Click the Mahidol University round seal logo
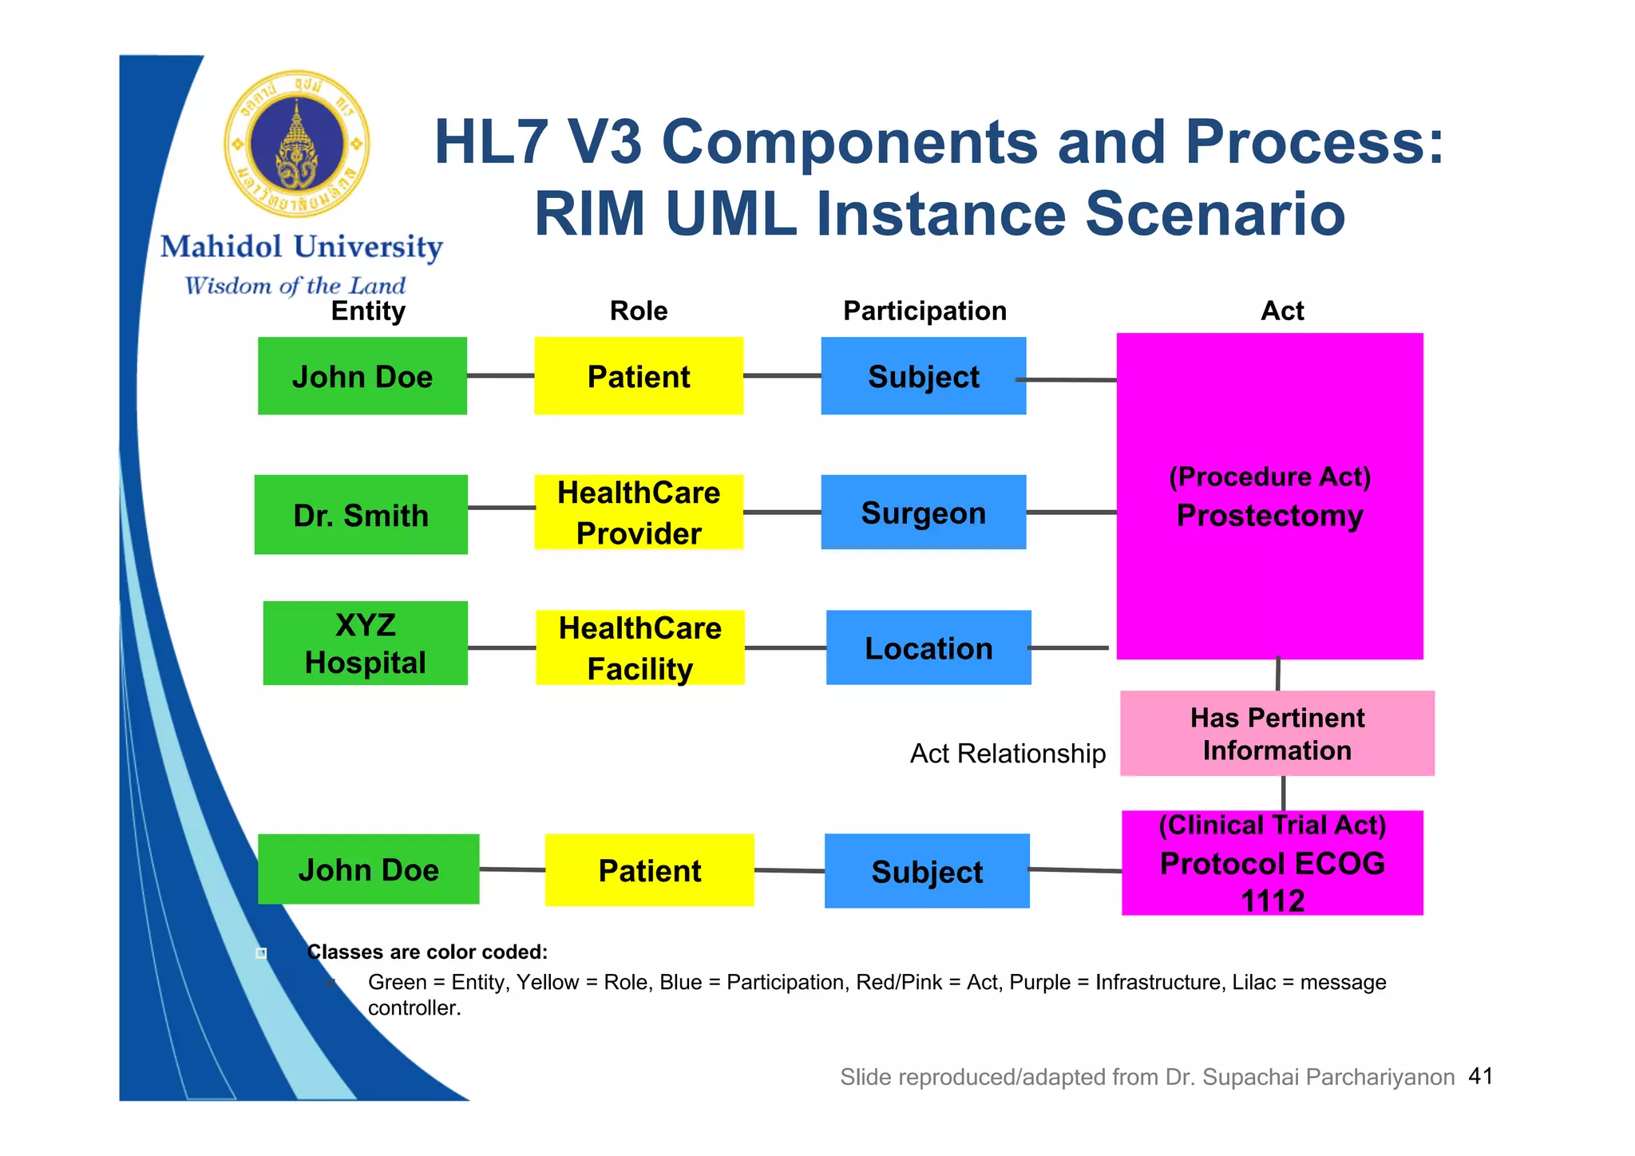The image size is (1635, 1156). [x=297, y=144]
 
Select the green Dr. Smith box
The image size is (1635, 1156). [x=361, y=515]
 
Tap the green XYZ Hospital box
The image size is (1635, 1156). [x=365, y=643]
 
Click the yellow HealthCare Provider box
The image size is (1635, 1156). [x=639, y=513]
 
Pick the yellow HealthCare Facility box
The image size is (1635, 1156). [x=639, y=647]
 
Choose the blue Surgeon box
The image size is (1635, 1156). [x=923, y=513]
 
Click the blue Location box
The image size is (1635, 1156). [x=928, y=647]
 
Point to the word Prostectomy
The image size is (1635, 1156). [x=1269, y=516]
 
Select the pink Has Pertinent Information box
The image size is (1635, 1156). [x=1277, y=734]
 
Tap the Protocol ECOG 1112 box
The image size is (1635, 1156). [x=1272, y=864]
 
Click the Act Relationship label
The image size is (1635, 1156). [x=1008, y=754]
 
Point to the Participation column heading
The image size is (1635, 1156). [x=924, y=311]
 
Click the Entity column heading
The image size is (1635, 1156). [x=368, y=311]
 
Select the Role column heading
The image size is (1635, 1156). [x=639, y=311]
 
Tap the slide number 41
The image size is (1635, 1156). [x=1480, y=1076]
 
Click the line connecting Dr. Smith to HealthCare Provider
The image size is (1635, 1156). [x=501, y=508]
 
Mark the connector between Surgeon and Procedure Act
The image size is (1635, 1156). [x=1071, y=513]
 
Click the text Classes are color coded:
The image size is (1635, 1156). [x=427, y=952]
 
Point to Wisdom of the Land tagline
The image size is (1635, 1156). [x=295, y=285]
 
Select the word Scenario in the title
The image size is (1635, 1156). [x=1214, y=214]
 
